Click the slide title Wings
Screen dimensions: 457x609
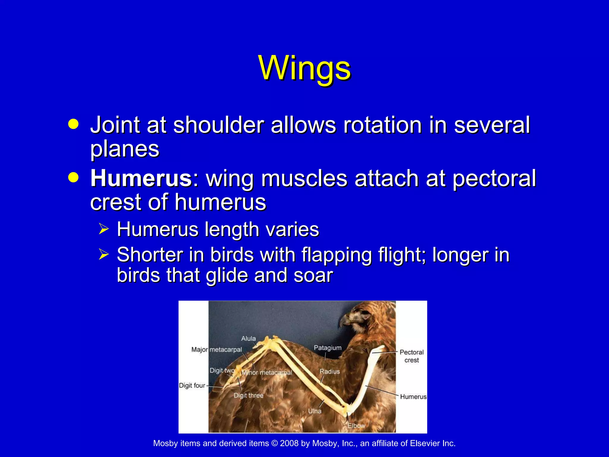(304, 68)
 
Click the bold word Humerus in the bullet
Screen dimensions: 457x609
(142, 179)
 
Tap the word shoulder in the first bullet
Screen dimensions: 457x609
(219, 125)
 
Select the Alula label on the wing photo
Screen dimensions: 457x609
(248, 339)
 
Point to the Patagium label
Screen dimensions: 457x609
(327, 348)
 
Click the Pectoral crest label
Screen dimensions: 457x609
(412, 356)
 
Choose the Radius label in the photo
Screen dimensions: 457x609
(329, 371)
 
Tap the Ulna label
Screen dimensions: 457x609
(315, 411)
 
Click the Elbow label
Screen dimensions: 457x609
(356, 426)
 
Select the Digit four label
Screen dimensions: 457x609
(192, 386)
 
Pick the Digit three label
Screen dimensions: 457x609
(248, 395)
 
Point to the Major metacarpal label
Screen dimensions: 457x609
(216, 350)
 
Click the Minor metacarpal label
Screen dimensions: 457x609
(267, 373)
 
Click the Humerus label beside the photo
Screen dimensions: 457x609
(413, 397)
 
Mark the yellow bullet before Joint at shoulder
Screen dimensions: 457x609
(73, 124)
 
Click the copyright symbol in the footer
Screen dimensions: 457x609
(274, 443)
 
